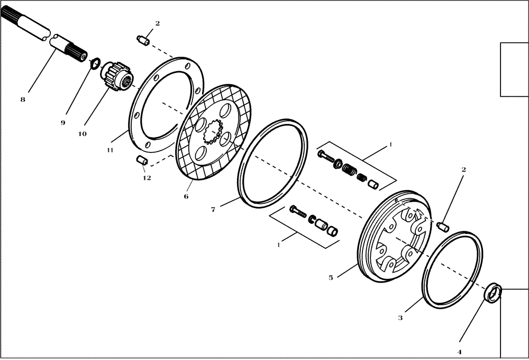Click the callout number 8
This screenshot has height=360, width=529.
point(23,98)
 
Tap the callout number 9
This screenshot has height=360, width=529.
point(62,122)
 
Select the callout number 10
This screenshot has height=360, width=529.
point(82,134)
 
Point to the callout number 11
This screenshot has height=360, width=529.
point(110,150)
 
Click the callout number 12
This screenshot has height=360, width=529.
point(147,178)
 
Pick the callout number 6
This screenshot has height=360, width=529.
point(186,196)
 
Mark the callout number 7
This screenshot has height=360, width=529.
point(213,210)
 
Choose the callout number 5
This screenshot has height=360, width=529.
point(331,277)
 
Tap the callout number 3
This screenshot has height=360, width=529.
point(400,318)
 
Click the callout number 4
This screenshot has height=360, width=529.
point(459,352)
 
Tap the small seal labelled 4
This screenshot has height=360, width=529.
point(494,293)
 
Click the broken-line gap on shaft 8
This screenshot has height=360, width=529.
point(52,37)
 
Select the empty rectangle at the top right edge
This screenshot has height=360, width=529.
point(514,69)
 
